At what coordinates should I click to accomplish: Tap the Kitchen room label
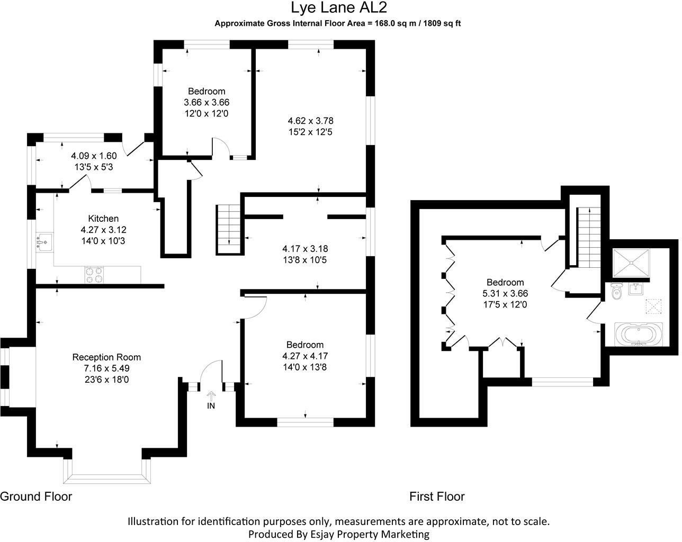tap(103, 219)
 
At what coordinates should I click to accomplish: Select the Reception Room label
tap(106, 357)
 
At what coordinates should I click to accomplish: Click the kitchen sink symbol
tap(44, 242)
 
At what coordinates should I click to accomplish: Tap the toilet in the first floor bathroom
tap(616, 291)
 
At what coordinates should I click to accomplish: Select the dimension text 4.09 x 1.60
tap(94, 156)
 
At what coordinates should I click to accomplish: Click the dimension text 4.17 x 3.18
tap(308, 248)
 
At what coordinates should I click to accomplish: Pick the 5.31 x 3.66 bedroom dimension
tap(505, 293)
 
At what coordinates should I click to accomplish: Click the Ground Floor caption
tap(36, 496)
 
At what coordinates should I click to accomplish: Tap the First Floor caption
tap(437, 496)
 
